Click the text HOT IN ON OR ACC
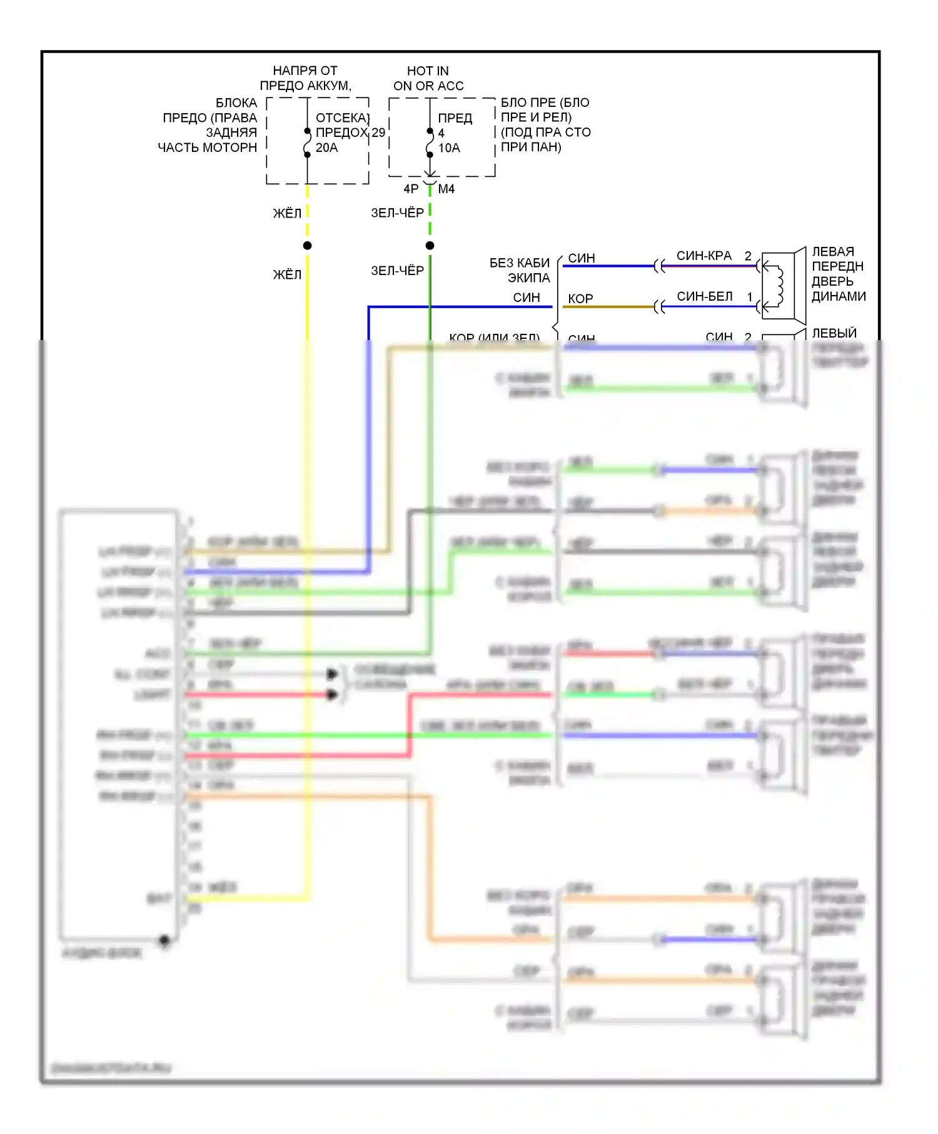pyautogui.click(x=428, y=78)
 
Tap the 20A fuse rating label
pyautogui.click(x=326, y=148)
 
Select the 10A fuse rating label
pyautogui.click(x=449, y=148)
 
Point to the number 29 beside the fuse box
pyautogui.click(x=378, y=133)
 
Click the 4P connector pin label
pyautogui.click(x=411, y=189)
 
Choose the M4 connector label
pyautogui.click(x=446, y=189)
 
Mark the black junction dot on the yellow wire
pyautogui.click(x=307, y=246)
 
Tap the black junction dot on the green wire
pyautogui.click(x=430, y=246)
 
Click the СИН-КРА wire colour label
pyautogui.click(x=704, y=256)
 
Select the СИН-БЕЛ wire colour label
pyautogui.click(x=705, y=296)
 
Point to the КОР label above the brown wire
pyautogui.click(x=580, y=299)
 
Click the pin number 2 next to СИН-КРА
pyautogui.click(x=748, y=256)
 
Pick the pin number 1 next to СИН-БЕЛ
pyautogui.click(x=750, y=296)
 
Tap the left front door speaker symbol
pyautogui.click(x=782, y=286)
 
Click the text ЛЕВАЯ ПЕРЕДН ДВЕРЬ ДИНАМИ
pyautogui.click(x=838, y=274)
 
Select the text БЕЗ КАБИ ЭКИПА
pyautogui.click(x=520, y=270)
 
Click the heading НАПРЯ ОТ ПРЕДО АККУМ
pyautogui.click(x=306, y=78)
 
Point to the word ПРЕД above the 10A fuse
pyautogui.click(x=455, y=118)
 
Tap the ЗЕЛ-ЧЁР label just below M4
pyautogui.click(x=398, y=213)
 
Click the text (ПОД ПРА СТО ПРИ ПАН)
pyautogui.click(x=545, y=139)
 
